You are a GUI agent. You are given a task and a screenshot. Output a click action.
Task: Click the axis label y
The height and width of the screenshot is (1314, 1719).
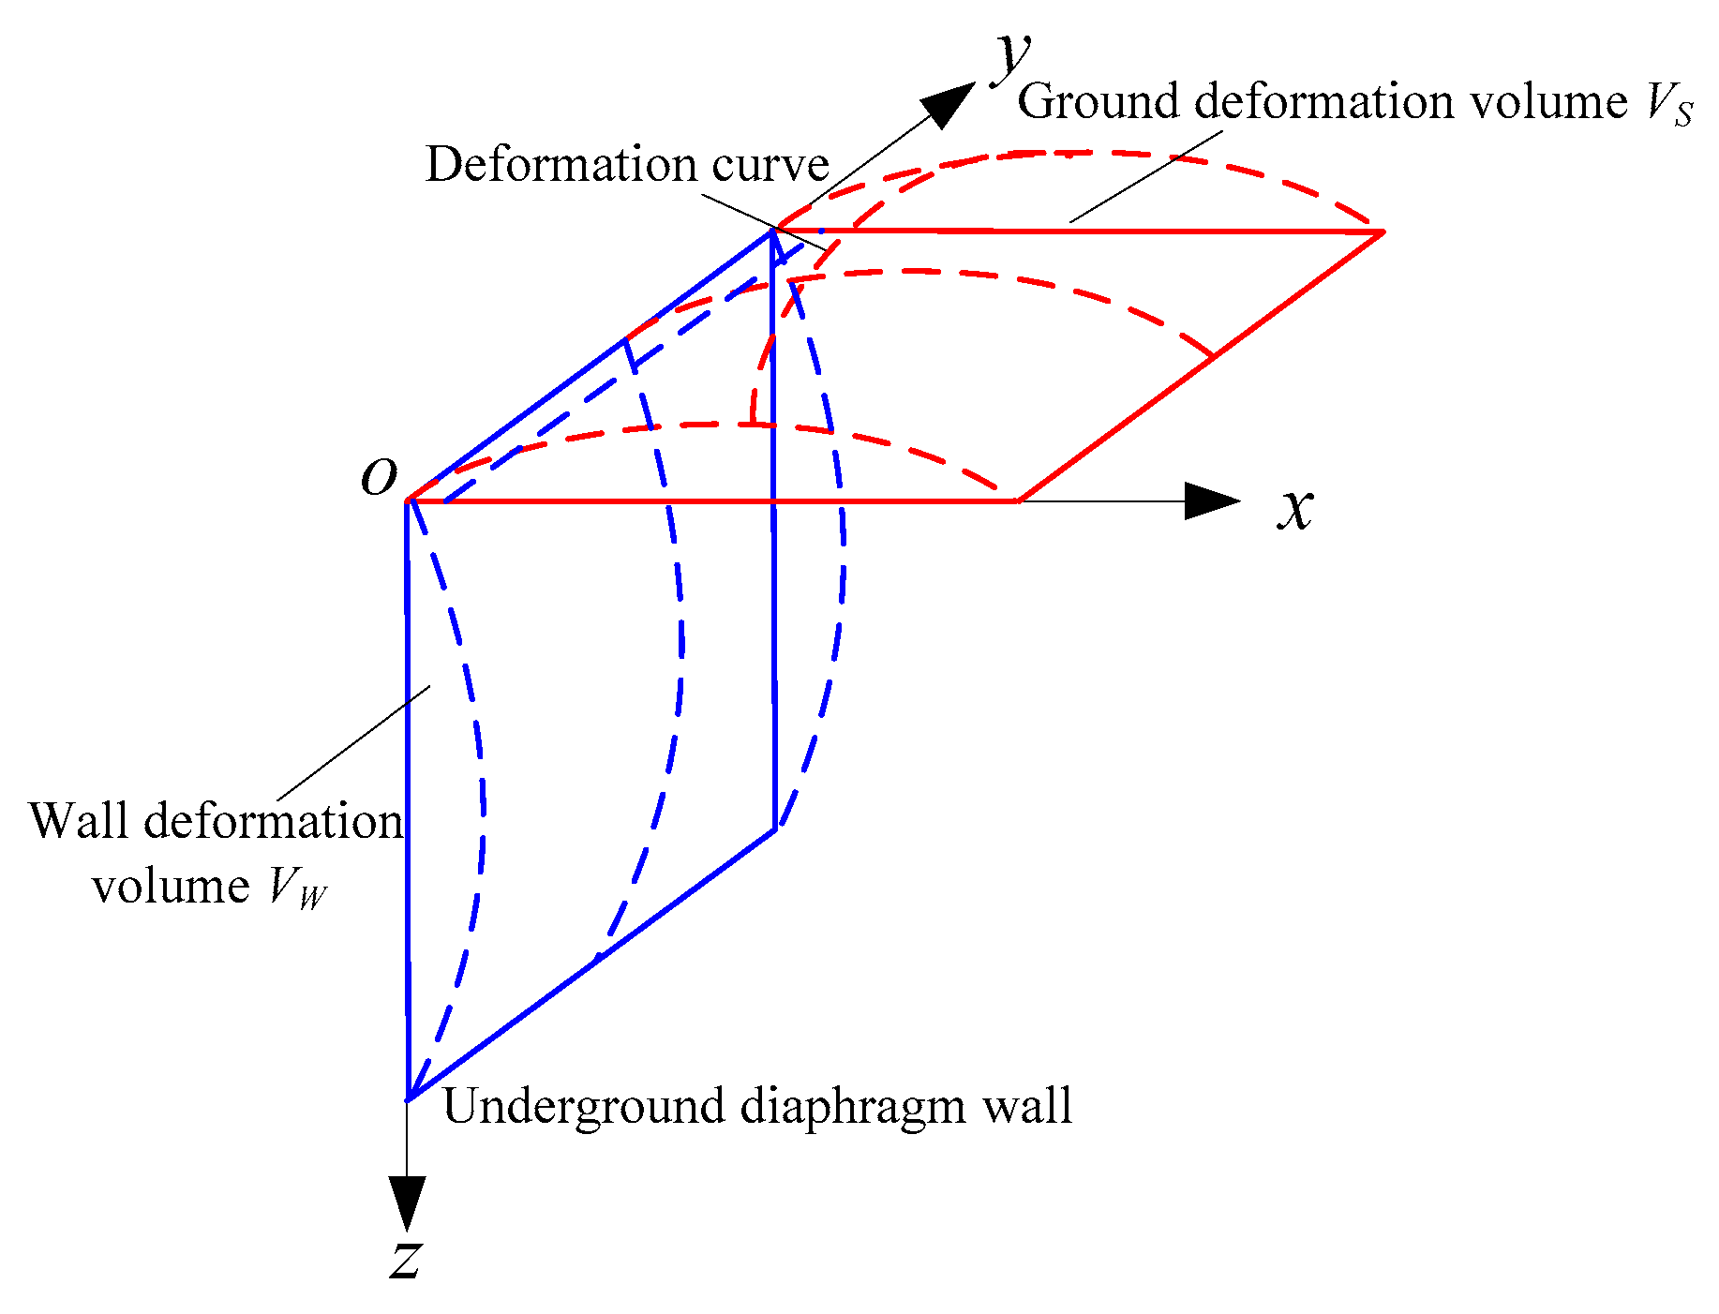(1012, 54)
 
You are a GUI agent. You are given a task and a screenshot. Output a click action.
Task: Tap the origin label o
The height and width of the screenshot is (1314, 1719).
(380, 477)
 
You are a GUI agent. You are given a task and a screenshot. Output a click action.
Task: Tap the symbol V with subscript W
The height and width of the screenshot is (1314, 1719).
(296, 887)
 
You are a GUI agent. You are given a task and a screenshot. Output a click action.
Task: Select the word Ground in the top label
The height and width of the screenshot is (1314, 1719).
(1097, 101)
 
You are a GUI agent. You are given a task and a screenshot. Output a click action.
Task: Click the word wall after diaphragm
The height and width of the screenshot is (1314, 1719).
(1027, 1106)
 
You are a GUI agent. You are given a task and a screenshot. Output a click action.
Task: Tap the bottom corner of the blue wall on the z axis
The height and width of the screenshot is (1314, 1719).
(409, 1098)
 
